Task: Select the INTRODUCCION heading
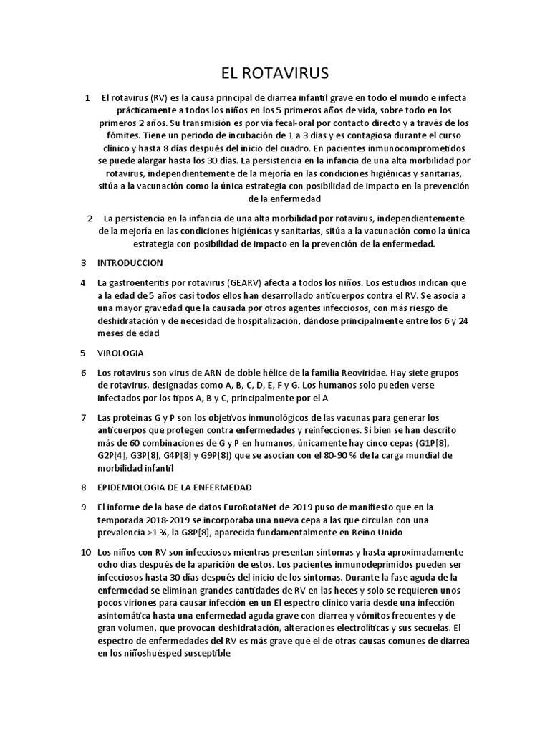coord(130,263)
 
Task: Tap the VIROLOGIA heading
coord(120,353)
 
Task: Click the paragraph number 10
coord(86,553)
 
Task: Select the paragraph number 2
coord(90,218)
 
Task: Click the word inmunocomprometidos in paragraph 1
coord(418,148)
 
